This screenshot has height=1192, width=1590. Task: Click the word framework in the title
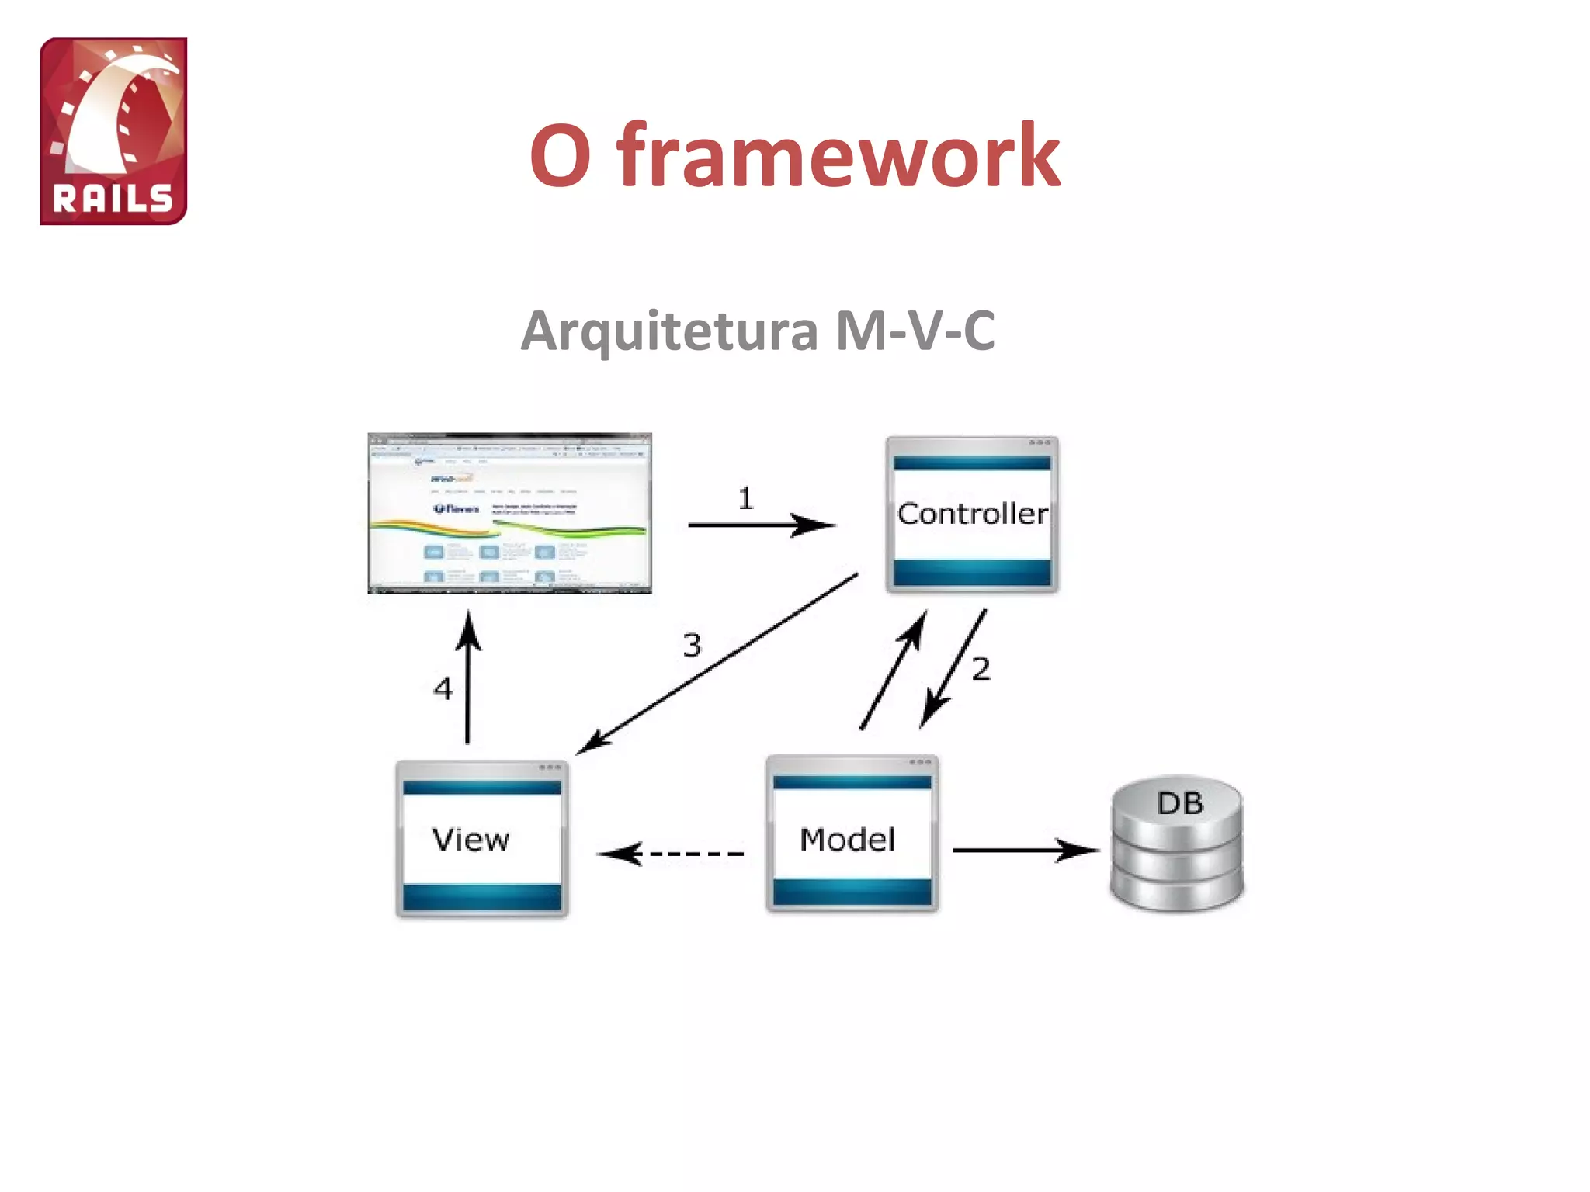tap(838, 156)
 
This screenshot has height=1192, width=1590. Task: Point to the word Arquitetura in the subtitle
tap(669, 331)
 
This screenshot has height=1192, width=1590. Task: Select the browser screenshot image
tap(509, 513)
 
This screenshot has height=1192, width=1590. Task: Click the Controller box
tap(972, 514)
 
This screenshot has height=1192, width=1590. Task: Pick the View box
tap(481, 839)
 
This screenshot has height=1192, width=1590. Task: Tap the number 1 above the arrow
tap(745, 498)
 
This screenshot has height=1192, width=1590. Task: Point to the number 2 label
tap(981, 668)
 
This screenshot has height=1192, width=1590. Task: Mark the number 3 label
tap(692, 645)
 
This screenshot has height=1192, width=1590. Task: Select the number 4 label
tap(443, 688)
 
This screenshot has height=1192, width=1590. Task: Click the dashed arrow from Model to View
tap(672, 854)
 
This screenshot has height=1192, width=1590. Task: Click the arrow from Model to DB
tap(1025, 851)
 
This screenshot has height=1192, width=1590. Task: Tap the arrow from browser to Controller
tap(761, 525)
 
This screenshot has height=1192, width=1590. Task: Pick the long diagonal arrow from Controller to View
tap(718, 664)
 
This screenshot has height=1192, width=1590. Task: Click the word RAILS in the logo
tap(113, 199)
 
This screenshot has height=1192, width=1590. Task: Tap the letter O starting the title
tap(561, 156)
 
